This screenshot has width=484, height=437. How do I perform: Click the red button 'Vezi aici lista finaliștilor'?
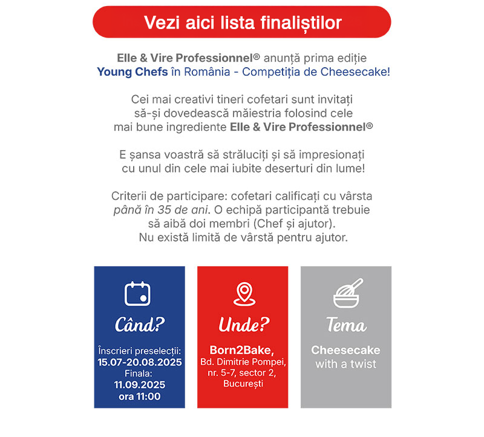click(x=242, y=22)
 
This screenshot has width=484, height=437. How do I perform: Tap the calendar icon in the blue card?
click(x=137, y=294)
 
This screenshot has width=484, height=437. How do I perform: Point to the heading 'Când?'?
click(x=140, y=325)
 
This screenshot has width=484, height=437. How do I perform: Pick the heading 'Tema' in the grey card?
click(x=346, y=325)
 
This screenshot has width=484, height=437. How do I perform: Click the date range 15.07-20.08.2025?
click(x=140, y=362)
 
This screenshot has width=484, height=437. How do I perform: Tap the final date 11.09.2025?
click(x=140, y=385)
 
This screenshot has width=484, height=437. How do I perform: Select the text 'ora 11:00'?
click(x=140, y=396)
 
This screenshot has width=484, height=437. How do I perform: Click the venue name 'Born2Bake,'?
click(x=243, y=350)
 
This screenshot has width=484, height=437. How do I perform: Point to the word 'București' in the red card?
click(x=243, y=384)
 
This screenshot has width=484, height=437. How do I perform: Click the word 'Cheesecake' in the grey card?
click(x=345, y=350)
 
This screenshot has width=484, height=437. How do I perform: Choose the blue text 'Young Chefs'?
click(x=124, y=72)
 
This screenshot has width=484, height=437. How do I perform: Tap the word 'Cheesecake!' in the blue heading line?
click(x=360, y=72)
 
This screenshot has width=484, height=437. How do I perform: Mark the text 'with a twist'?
click(x=345, y=364)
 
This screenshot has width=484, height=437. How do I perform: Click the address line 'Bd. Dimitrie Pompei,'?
click(x=243, y=362)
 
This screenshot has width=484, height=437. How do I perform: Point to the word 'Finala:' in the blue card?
click(x=140, y=373)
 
